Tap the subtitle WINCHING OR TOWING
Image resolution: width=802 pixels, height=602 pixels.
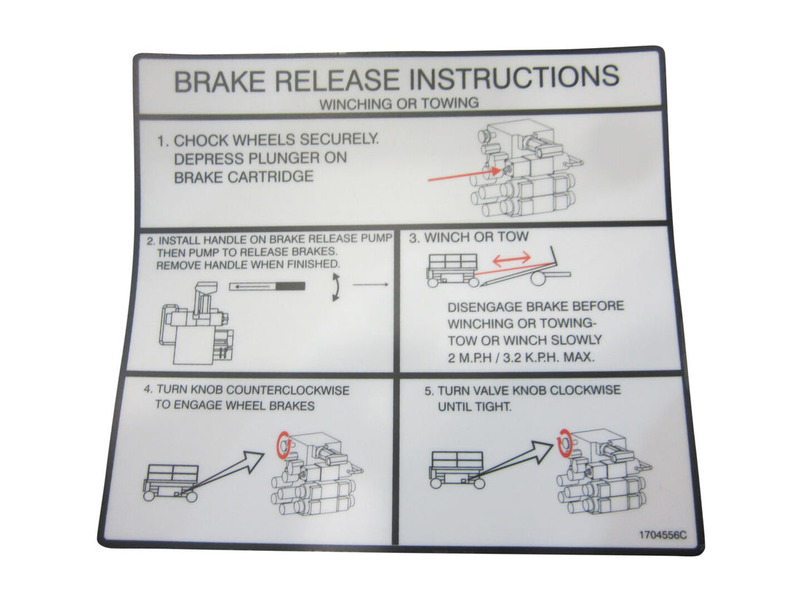(399, 103)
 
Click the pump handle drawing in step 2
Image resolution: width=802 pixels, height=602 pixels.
(267, 287)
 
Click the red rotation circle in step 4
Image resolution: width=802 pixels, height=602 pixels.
(280, 443)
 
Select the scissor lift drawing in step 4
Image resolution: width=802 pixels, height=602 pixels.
(171, 482)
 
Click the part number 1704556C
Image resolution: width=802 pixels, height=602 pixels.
(662, 534)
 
